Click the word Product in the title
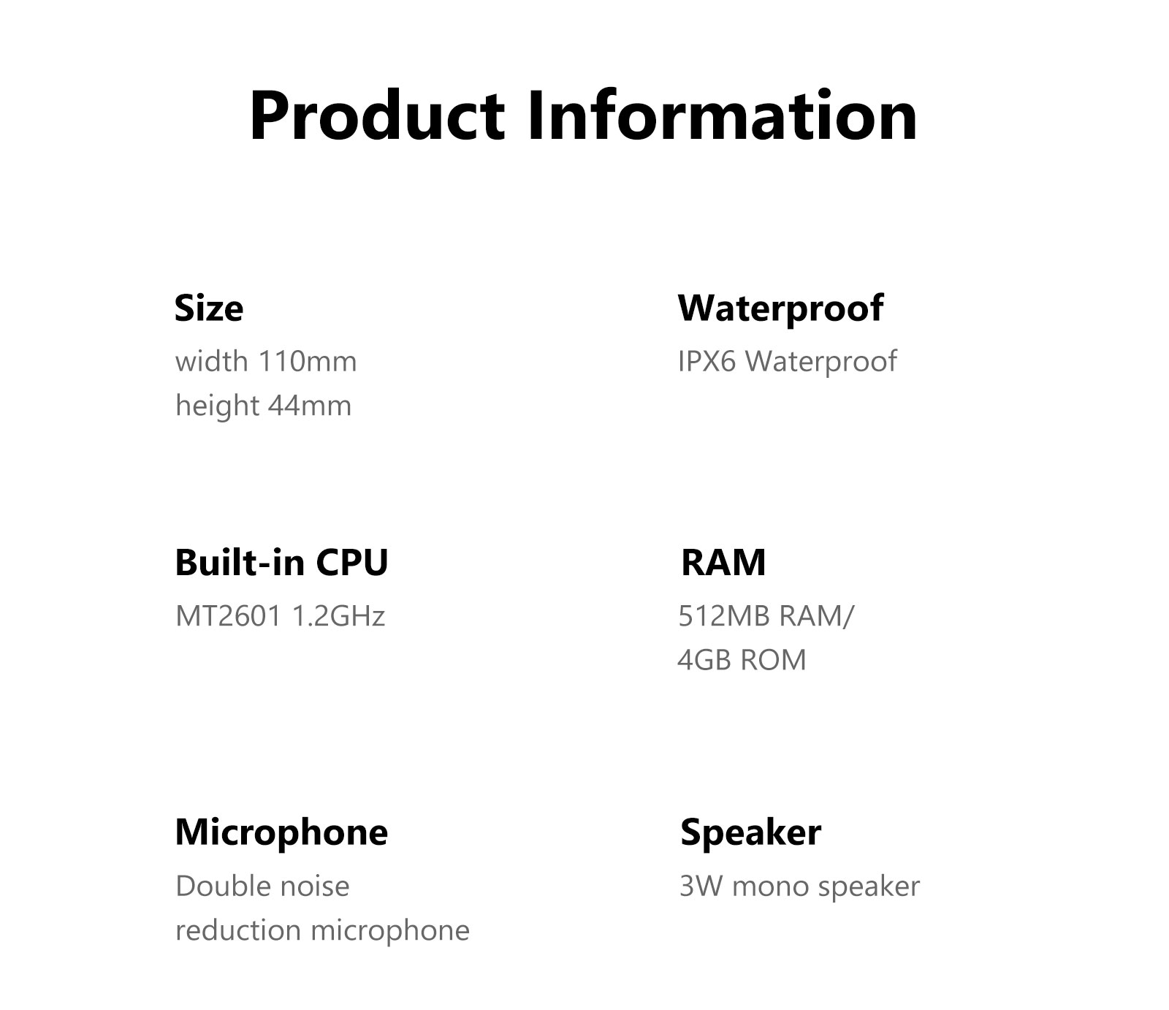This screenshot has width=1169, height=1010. (376, 116)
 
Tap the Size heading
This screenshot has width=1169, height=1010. (209, 308)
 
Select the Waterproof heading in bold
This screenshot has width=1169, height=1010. (780, 308)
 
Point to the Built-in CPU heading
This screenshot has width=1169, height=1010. (281, 562)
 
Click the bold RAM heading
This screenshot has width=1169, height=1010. (723, 563)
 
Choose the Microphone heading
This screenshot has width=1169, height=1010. (281, 832)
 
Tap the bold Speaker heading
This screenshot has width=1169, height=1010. (750, 833)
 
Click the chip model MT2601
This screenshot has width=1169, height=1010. (229, 616)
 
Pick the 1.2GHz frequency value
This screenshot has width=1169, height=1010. (338, 616)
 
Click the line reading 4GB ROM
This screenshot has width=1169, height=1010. (742, 660)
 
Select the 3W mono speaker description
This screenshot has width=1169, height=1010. (799, 886)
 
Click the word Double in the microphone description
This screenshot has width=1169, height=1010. (224, 886)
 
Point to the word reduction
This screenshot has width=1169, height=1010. (238, 930)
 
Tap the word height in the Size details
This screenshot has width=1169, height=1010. (217, 406)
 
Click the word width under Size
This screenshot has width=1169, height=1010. (212, 361)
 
